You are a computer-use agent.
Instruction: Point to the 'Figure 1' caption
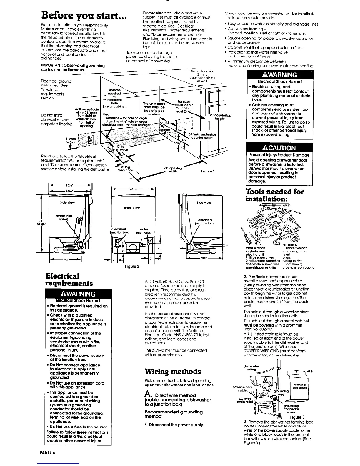pyautogui.click(x=206, y=171)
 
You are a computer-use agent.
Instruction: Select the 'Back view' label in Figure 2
pyautogui.click(x=132, y=208)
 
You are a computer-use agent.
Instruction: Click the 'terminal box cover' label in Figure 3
pyautogui.click(x=306, y=386)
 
